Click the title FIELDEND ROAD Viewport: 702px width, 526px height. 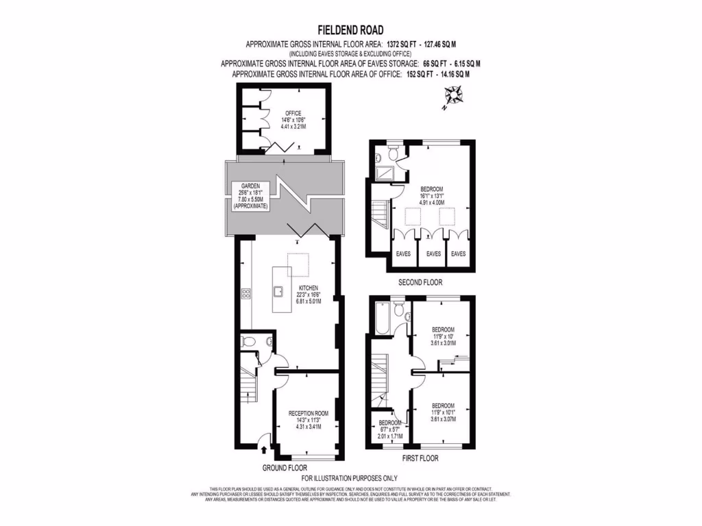tap(350, 30)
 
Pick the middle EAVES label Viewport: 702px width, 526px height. tap(433, 254)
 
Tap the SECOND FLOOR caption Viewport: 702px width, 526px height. tap(421, 282)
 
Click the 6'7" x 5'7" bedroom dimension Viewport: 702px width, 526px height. tap(388, 430)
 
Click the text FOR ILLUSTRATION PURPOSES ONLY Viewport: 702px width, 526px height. tap(350, 478)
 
